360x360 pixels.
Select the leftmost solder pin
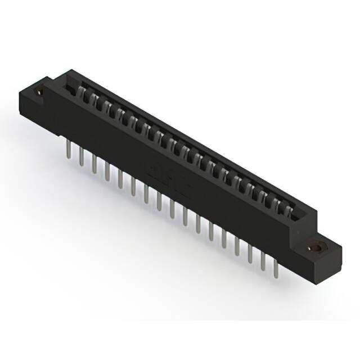67,151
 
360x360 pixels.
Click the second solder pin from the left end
81,158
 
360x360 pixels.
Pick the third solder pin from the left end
94,165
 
